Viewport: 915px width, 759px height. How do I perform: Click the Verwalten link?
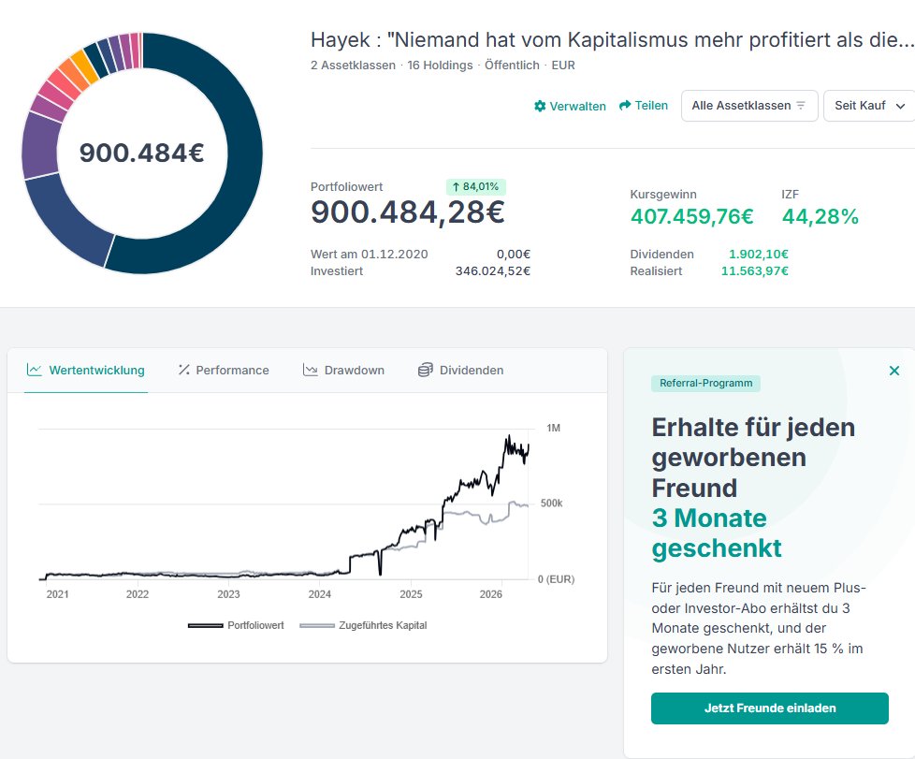click(x=570, y=106)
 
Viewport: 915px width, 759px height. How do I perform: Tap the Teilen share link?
click(x=644, y=106)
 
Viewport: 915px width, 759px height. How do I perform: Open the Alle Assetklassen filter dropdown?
click(x=749, y=106)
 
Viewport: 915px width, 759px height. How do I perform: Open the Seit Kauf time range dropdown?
click(x=869, y=106)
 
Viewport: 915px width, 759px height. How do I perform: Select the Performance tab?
click(x=224, y=370)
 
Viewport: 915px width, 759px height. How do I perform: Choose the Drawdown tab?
click(x=343, y=370)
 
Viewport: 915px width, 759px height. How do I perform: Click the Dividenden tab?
click(x=460, y=370)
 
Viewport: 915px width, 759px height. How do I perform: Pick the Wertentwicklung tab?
click(x=86, y=370)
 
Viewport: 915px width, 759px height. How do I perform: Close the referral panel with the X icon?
click(x=894, y=371)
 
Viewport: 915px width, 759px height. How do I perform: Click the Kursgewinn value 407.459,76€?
click(x=692, y=216)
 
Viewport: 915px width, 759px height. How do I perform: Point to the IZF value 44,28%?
click(x=821, y=216)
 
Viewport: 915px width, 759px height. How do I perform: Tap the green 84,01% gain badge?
click(x=476, y=186)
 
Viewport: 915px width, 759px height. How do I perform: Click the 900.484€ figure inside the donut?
click(x=141, y=153)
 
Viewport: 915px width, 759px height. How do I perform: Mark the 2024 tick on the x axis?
click(x=320, y=594)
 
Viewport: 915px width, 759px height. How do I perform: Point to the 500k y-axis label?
click(x=552, y=504)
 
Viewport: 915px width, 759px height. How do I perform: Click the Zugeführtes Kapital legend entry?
click(x=363, y=625)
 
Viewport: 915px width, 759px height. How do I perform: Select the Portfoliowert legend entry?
click(x=237, y=625)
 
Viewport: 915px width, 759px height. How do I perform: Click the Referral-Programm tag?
click(x=706, y=383)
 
